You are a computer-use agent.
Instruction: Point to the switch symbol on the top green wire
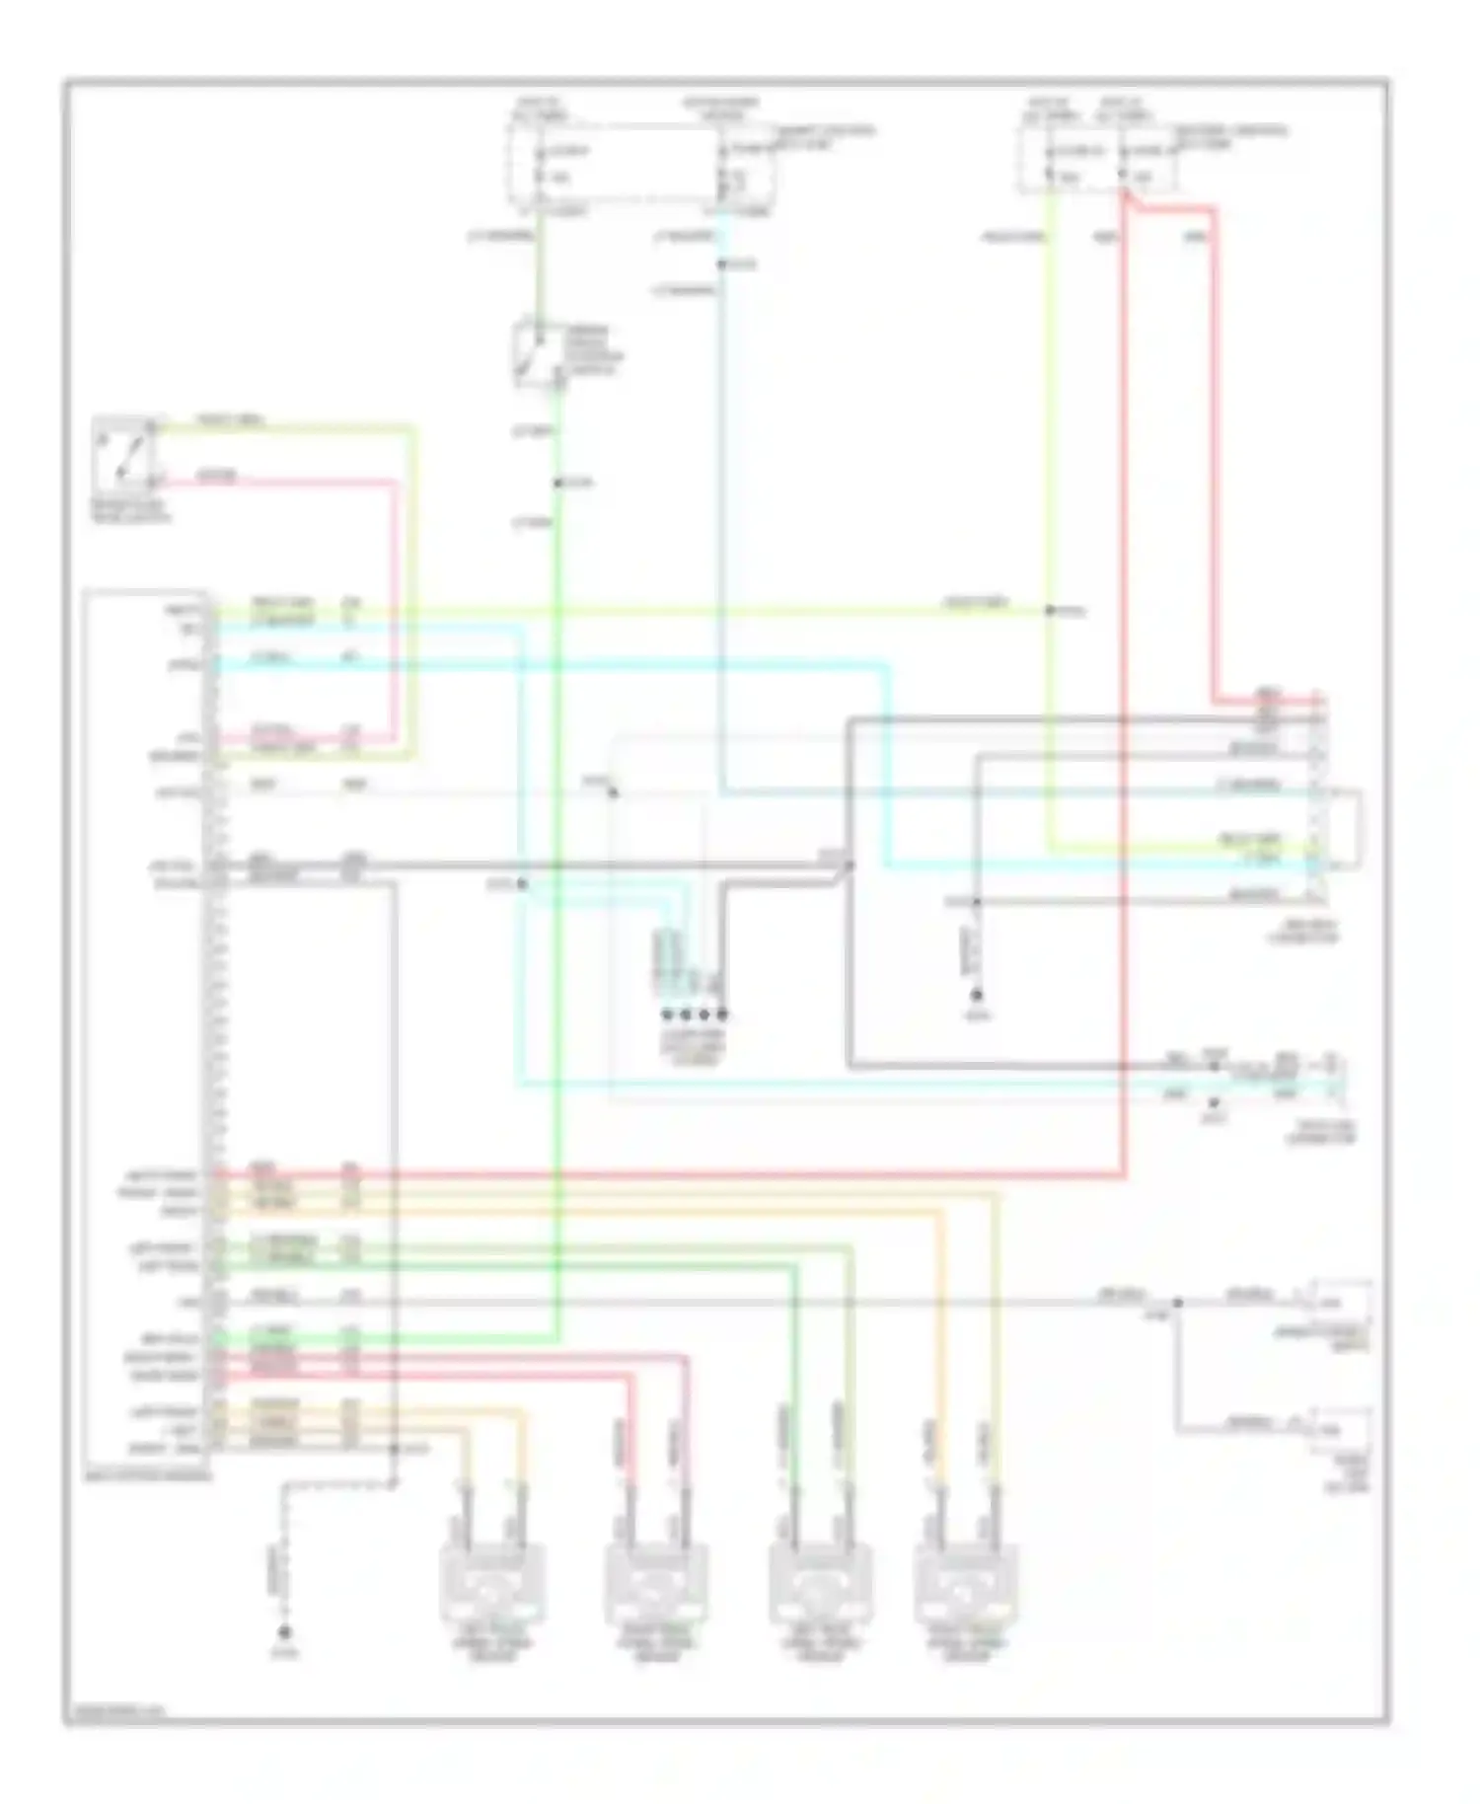[x=537, y=350]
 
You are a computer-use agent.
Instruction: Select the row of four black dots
[x=695, y=1014]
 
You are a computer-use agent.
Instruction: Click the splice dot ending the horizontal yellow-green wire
[x=1051, y=611]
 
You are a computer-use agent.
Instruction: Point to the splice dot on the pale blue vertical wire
[x=721, y=264]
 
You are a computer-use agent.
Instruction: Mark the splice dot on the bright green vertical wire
[x=557, y=483]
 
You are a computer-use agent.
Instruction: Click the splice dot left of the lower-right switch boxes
[x=1177, y=1303]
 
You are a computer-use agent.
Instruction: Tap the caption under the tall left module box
[x=148, y=1477]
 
